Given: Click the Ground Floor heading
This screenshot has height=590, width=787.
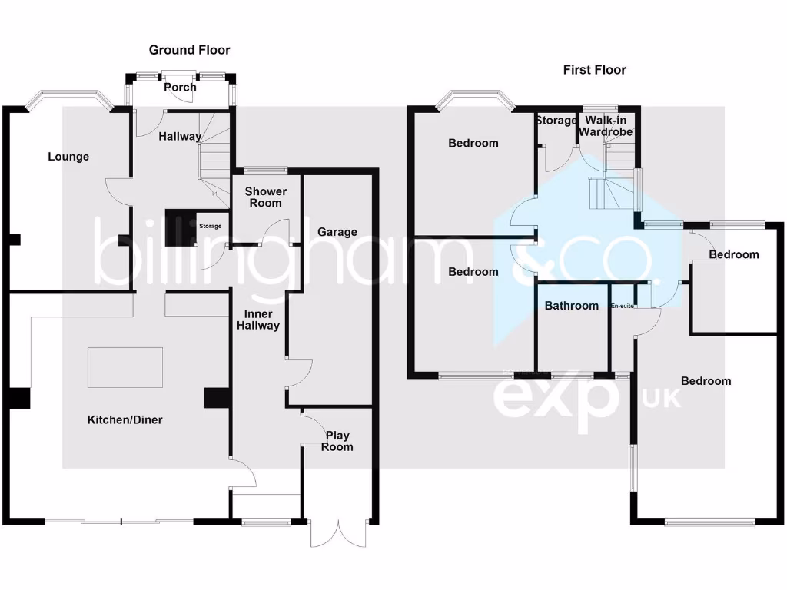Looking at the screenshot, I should coord(189,50).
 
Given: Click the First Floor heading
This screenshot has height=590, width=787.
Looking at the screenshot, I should coord(594,70).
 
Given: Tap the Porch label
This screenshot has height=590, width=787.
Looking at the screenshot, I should coord(181,87).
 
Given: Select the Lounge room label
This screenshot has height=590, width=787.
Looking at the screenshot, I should coord(68,157).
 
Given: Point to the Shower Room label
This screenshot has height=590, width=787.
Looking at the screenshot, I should coord(265,197).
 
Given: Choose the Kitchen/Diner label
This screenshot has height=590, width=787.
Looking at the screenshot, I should coord(125,419).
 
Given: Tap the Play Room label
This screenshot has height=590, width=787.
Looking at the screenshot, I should coord(337,441).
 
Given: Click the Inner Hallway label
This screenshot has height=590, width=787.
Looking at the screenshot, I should coord(261,320).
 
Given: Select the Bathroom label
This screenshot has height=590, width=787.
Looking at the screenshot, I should coord(571,306).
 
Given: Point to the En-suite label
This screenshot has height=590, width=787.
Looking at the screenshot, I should coord(622,307).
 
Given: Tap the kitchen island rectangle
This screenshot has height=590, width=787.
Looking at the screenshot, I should coord(125,367).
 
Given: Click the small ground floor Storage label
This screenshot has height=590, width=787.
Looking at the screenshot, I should coord(211,226).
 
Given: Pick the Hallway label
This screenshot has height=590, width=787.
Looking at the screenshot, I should coord(180,137).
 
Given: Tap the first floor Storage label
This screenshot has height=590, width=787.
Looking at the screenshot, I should coord(556,121).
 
